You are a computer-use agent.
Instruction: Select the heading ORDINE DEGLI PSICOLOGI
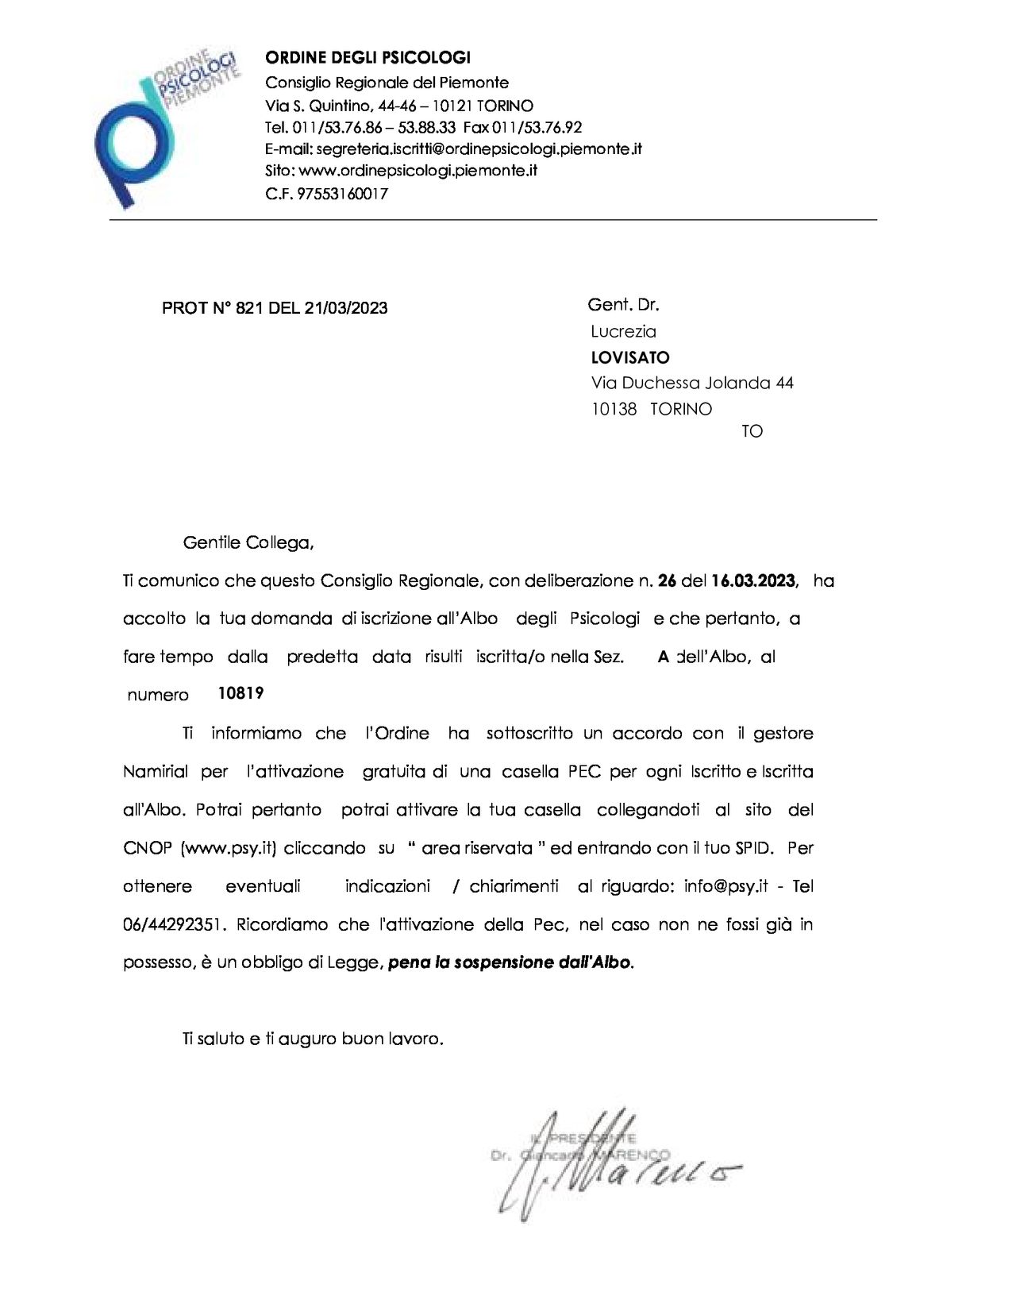pyautogui.click(x=368, y=58)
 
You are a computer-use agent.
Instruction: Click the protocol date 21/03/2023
pyautogui.click(x=345, y=308)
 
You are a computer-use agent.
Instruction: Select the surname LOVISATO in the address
pyautogui.click(x=630, y=357)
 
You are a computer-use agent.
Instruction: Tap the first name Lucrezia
pyautogui.click(x=623, y=331)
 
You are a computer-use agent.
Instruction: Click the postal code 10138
pyautogui.click(x=614, y=409)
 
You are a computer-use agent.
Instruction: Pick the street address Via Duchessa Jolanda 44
pyautogui.click(x=692, y=383)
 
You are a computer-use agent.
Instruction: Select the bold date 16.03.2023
pyautogui.click(x=753, y=580)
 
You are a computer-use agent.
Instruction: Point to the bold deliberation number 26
pyautogui.click(x=667, y=580)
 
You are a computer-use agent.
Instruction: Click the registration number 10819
pyautogui.click(x=241, y=693)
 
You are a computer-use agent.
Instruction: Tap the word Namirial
pyautogui.click(x=156, y=771)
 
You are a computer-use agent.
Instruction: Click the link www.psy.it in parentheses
pyautogui.click(x=228, y=848)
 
